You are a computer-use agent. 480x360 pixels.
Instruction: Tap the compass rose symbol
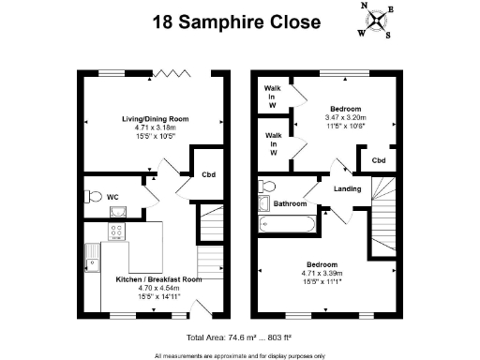pyautogui.click(x=375, y=21)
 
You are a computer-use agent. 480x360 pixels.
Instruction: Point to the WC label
pyautogui.click(x=112, y=198)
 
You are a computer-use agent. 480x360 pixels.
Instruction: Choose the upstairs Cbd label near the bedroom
pyautogui.click(x=378, y=160)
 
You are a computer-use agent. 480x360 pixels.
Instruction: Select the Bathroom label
pyautogui.click(x=291, y=203)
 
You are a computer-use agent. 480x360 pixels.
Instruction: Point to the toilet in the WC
pyautogui.click(x=92, y=196)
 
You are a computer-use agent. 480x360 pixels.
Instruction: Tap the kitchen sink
pyautogui.click(x=91, y=253)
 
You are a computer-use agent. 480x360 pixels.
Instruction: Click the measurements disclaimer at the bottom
pyautogui.click(x=240, y=354)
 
